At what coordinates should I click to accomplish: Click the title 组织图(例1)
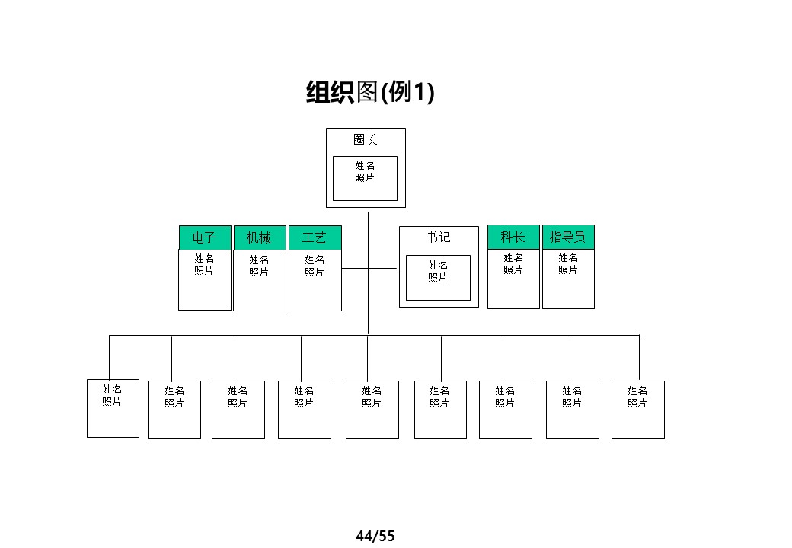[x=369, y=92]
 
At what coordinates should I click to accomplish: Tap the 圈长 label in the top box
[x=365, y=140]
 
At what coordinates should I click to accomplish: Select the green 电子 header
[x=204, y=237]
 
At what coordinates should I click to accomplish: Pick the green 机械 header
[x=259, y=238]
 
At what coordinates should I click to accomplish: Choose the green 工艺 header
[x=315, y=238]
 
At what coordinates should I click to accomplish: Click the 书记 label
[x=438, y=237]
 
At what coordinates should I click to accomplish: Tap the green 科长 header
[x=513, y=237]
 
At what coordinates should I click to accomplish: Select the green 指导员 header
[x=568, y=237]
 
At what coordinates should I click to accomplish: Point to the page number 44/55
[x=375, y=536]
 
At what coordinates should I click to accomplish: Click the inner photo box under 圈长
[x=365, y=178]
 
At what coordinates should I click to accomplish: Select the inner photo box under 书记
[x=438, y=278]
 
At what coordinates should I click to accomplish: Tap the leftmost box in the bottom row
[x=113, y=408]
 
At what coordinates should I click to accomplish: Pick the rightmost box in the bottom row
[x=638, y=409]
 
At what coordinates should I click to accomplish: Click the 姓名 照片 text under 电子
[x=204, y=264]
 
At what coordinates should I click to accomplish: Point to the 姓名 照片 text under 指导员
[x=568, y=263]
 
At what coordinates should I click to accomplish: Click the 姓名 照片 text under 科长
[x=513, y=263]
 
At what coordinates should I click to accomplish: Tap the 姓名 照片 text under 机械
[x=259, y=266]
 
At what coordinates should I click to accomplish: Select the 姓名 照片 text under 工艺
[x=315, y=266]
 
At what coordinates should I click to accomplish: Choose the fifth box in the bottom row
[x=372, y=409]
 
